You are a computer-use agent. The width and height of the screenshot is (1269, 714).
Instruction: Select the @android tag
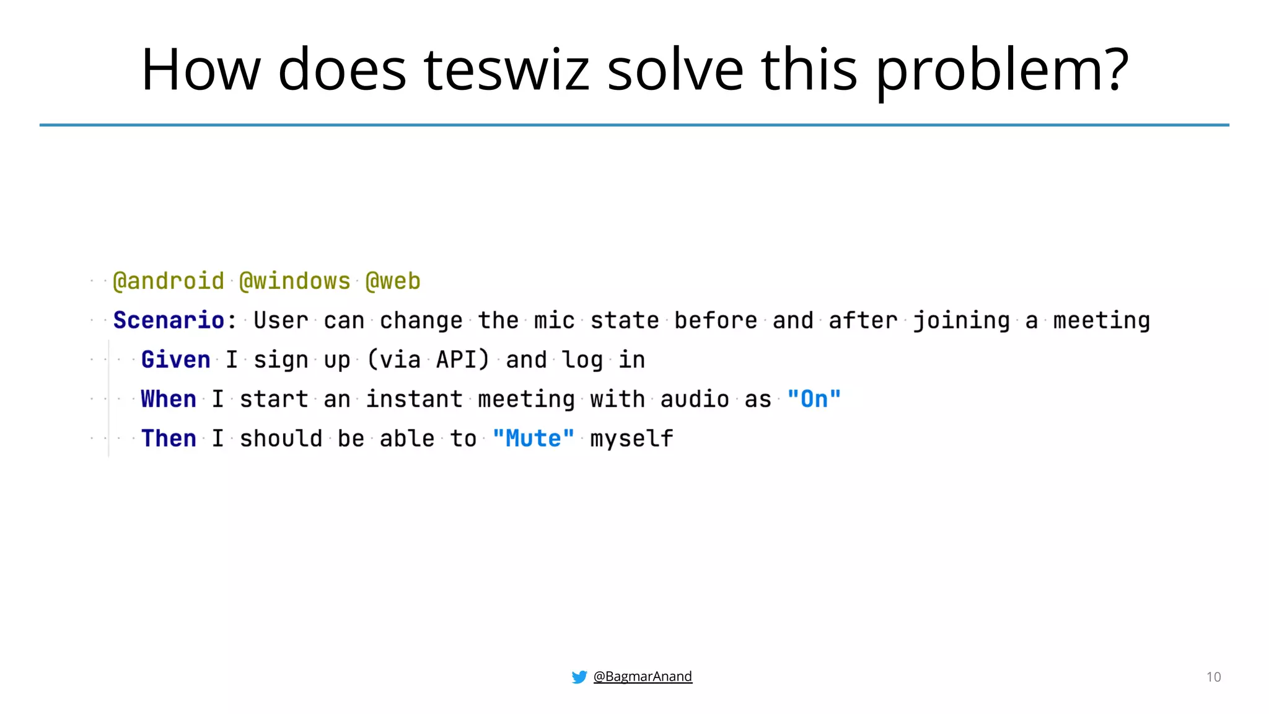pos(169,281)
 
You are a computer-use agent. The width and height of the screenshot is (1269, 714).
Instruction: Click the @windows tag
pos(295,281)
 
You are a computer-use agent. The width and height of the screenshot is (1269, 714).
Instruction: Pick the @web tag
pos(393,281)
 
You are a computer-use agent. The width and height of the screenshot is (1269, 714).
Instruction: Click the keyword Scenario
pos(169,320)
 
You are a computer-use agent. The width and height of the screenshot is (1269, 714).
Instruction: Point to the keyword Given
pos(176,359)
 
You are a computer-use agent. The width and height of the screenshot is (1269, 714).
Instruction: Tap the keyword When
pos(169,399)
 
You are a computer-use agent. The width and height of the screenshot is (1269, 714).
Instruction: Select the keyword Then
pos(169,438)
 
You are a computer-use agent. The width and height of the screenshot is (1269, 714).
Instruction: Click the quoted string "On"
pos(814,399)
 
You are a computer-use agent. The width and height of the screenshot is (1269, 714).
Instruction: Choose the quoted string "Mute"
pos(534,438)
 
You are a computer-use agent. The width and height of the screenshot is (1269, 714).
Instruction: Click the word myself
pos(631,438)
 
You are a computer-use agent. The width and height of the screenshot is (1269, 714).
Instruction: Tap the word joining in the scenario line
pos(962,320)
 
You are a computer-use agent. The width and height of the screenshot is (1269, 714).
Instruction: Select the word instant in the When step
pos(414,399)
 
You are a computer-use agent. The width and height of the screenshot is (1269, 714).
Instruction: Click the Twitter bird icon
pos(579,677)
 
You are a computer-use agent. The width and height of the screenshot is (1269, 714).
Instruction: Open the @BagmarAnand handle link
pos(643,676)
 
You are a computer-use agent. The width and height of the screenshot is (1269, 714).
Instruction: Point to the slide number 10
pos(1213,677)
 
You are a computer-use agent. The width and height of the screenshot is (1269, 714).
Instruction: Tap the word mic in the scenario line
pos(555,320)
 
